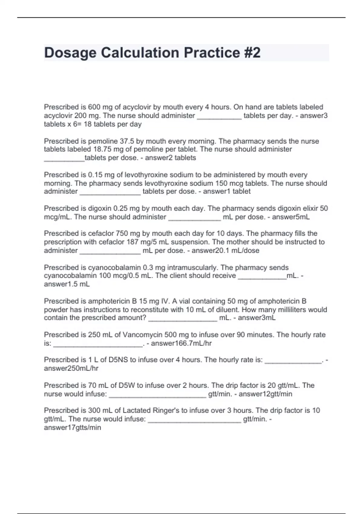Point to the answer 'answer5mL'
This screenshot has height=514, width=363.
[291, 217]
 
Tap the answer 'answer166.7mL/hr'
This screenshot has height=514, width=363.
[181, 343]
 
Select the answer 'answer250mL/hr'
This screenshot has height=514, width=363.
[71, 369]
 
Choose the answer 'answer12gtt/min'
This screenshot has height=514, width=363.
[265, 394]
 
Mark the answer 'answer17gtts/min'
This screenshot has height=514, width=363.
[72, 428]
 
